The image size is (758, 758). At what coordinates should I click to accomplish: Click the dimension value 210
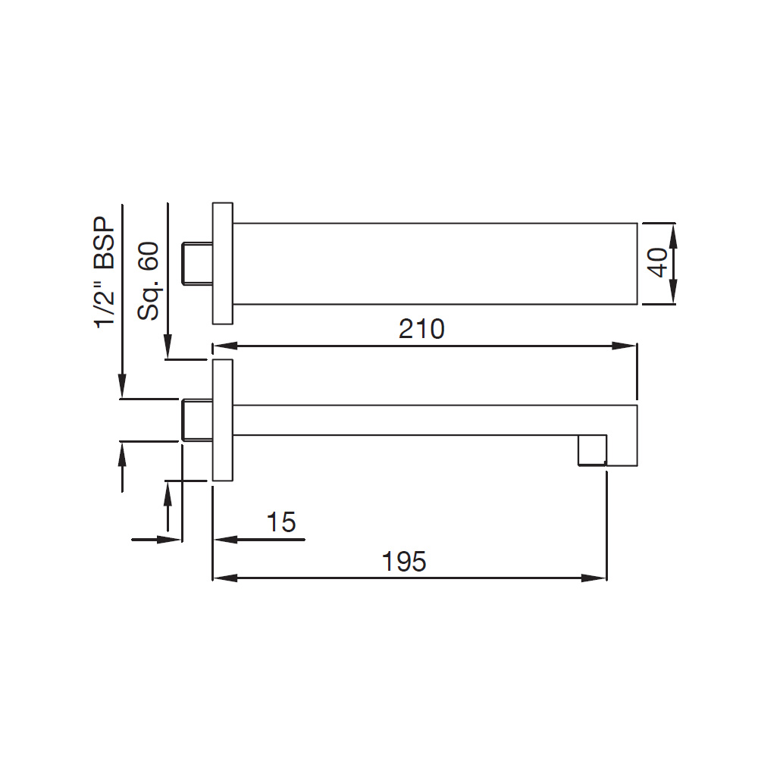click(421, 329)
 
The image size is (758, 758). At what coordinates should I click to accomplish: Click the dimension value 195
click(404, 561)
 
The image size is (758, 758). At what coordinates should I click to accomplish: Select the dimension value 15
click(281, 522)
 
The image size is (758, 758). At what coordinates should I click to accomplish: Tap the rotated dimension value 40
click(658, 263)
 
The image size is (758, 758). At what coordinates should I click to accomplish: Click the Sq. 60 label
click(148, 280)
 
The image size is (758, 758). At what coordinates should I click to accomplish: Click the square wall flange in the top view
click(222, 263)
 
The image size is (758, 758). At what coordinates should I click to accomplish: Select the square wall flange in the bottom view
click(222, 420)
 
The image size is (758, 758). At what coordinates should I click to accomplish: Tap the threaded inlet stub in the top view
click(197, 263)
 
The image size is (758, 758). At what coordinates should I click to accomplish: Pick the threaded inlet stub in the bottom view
click(197, 420)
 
